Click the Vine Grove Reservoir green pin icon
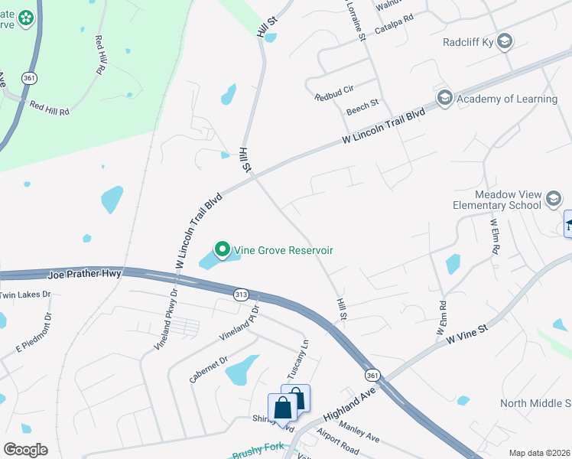point(223,249)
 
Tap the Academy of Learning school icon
point(444,99)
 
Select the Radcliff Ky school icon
point(504,41)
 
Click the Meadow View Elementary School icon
point(553,200)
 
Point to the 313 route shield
point(241,295)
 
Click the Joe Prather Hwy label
point(84,272)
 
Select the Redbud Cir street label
point(335,97)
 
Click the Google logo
point(26,449)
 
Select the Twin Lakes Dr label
point(24,294)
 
